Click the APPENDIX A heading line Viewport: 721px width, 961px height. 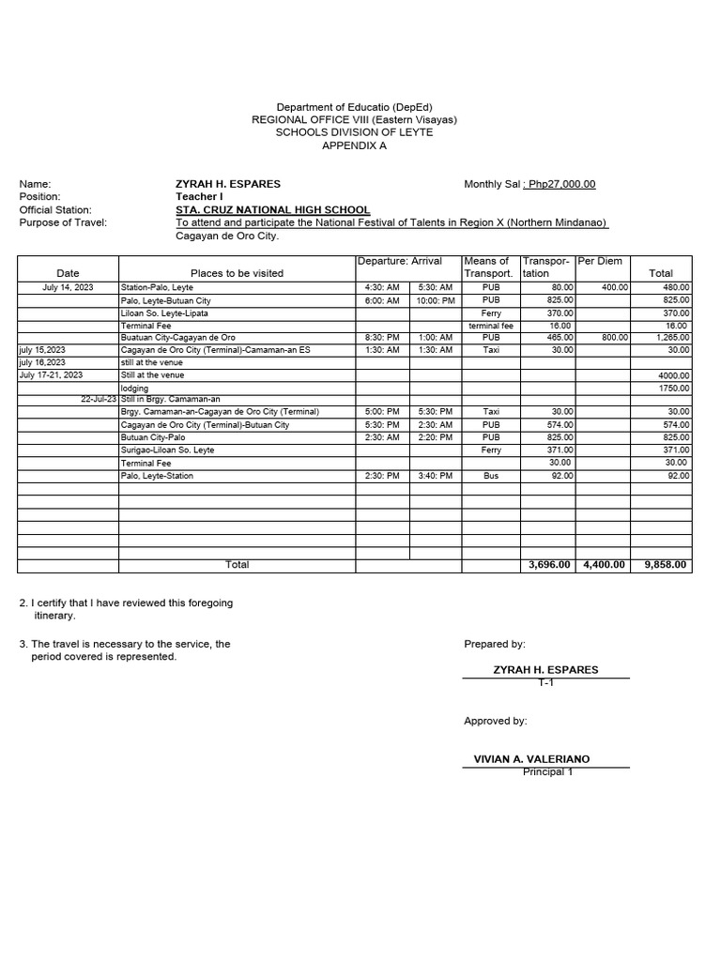[354, 145]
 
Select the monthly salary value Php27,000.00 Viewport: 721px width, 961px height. [560, 184]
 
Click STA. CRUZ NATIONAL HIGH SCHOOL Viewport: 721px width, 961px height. [272, 210]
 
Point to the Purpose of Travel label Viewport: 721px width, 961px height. [63, 222]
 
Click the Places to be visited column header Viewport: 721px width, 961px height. [237, 273]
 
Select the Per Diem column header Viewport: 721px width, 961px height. [602, 261]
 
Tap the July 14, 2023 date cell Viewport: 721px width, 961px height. [68, 287]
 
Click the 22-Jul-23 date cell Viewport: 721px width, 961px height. [99, 399]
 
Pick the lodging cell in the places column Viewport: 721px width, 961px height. [134, 387]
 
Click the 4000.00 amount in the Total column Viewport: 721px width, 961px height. [674, 374]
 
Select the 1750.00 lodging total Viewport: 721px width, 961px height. [675, 387]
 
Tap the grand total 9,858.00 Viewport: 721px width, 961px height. [666, 565]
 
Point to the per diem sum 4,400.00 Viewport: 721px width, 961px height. [604, 565]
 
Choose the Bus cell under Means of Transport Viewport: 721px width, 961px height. [491, 476]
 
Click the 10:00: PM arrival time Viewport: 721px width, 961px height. [435, 300]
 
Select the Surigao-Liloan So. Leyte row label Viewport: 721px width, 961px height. [167, 450]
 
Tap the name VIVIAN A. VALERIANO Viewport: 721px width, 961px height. [532, 758]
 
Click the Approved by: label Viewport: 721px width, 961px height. [496, 721]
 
